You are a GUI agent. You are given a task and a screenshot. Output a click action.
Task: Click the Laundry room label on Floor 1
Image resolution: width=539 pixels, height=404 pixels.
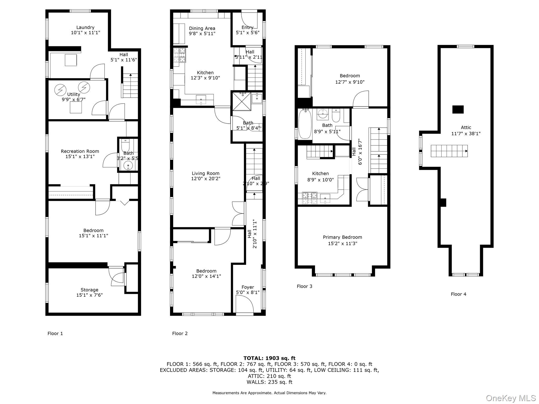coord(85,27)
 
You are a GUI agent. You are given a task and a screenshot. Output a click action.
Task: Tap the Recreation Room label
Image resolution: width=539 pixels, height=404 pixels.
coord(80,151)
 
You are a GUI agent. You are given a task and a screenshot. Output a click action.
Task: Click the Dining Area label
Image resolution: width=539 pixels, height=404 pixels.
coord(202,28)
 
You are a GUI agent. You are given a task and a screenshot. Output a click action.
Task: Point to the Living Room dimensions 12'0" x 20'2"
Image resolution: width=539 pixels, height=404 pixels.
coord(205,179)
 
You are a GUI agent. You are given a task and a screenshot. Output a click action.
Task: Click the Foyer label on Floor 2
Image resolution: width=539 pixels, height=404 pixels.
coord(248,287)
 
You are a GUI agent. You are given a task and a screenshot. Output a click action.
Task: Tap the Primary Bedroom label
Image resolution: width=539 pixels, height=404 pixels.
coord(342,237)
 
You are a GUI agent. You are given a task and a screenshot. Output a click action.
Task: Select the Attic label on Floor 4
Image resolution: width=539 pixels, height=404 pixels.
coord(466,128)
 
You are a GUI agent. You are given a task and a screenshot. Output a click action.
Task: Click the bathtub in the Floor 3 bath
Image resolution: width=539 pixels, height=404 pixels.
coord(305,124)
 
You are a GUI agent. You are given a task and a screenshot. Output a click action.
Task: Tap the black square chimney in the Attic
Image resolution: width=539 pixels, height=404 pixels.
coord(458,109)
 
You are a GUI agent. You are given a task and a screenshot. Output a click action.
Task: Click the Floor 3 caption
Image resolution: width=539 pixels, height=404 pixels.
coord(304,286)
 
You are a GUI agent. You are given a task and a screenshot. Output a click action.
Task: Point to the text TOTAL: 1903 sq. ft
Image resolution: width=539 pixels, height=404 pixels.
coord(269,358)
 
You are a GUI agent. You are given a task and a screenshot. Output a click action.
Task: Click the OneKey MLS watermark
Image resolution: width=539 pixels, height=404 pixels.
coord(511,398)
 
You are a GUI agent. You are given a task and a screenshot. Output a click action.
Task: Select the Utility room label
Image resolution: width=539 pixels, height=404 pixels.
coord(73,94)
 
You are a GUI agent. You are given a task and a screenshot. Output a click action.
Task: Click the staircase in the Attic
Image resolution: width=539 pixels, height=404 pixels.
coord(449,151)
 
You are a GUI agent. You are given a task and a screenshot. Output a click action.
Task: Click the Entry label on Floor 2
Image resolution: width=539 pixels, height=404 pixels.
coord(247,27)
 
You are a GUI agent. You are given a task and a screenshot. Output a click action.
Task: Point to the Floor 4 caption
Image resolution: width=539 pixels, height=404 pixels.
coord(458,294)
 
